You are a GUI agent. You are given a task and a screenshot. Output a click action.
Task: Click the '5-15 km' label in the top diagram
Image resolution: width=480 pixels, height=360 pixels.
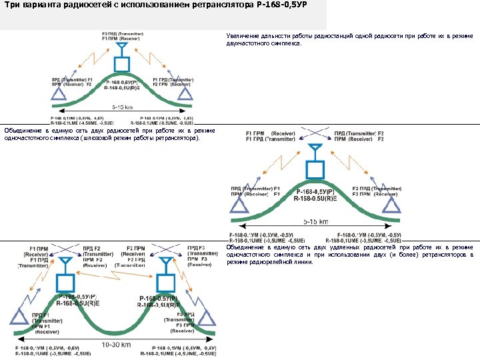point(122,107)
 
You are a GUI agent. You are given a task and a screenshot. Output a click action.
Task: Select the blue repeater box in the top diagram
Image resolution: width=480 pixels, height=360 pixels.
point(121,63)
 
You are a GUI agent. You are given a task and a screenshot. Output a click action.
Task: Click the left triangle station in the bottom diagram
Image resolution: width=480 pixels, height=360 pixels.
point(25,317)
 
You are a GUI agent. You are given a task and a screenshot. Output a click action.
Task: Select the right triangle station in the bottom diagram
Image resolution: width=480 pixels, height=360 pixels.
point(207,317)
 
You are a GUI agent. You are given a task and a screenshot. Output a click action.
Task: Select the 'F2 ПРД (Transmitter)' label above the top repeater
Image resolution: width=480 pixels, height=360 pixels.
point(121,34)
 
